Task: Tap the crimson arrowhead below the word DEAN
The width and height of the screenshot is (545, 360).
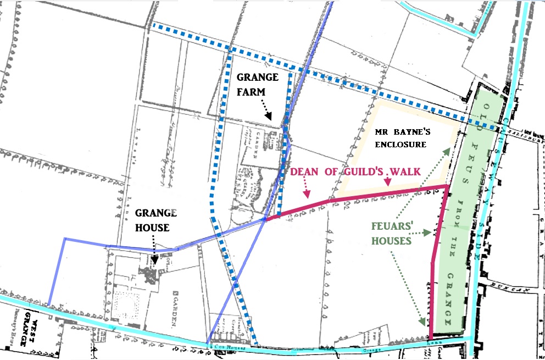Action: coord(308,195)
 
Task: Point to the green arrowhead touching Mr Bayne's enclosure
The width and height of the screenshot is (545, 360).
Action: coord(449,148)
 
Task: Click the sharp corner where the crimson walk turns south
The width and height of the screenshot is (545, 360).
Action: coord(445,187)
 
